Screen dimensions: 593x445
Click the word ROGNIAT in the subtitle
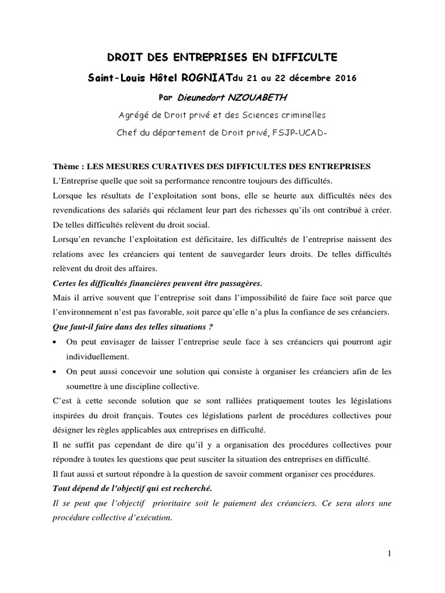tap(204, 77)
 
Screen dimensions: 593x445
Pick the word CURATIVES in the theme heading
tap(183, 166)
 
